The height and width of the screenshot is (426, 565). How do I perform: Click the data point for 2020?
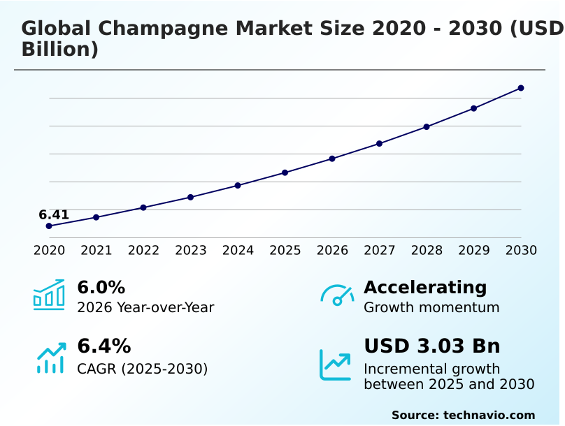pos(49,226)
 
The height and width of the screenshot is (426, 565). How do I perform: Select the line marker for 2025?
pos(285,172)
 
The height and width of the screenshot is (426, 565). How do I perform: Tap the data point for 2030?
pos(521,88)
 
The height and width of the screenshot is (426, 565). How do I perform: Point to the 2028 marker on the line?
pos(427,127)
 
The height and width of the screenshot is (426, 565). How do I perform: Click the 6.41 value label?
pos(54,214)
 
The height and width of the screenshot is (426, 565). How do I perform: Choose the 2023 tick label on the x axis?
pos(190,250)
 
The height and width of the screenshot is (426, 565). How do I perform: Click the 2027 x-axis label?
pos(380,250)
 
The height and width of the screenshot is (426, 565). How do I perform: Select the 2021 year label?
pos(96,250)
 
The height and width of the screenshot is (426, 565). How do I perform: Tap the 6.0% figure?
pos(101,288)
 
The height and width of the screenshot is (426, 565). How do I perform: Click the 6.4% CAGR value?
pos(103,346)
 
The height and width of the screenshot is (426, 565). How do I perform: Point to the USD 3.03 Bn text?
pos(431,346)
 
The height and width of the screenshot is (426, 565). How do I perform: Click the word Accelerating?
pos(425,288)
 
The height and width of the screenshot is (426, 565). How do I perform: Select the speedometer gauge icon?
pos(337,295)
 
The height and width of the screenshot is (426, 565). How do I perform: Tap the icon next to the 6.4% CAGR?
pos(50,358)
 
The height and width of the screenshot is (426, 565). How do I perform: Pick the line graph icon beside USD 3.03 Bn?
pos(336,365)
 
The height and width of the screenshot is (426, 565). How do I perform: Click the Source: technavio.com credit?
pos(463,415)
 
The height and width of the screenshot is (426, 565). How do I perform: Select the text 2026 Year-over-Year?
pos(145,308)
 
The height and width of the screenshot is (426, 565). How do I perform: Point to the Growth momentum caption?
pos(431,308)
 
